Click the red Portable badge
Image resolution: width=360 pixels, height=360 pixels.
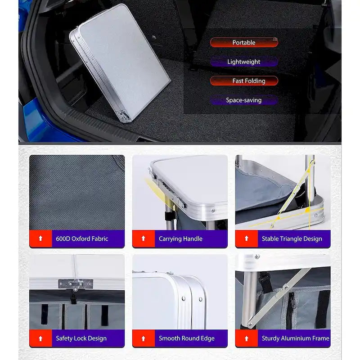point(244,42)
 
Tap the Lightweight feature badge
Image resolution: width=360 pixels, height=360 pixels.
point(244,62)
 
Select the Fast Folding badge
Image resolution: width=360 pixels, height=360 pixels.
point(244,81)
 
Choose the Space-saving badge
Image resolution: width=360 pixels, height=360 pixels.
point(244,100)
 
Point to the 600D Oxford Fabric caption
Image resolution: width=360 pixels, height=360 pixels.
point(82,239)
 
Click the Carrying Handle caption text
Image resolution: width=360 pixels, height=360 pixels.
point(180,239)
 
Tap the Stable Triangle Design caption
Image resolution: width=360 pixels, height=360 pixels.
point(292,239)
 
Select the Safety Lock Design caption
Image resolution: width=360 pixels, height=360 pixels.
point(81,338)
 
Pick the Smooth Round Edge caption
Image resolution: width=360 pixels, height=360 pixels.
point(187,338)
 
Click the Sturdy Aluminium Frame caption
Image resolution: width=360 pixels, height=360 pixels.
point(296,338)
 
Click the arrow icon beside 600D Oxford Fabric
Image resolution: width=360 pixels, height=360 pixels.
point(40,238)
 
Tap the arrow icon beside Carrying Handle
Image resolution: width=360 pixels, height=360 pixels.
point(144,238)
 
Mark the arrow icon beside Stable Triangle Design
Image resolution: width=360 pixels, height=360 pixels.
point(247,238)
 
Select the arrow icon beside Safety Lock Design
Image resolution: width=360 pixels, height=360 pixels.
point(40,338)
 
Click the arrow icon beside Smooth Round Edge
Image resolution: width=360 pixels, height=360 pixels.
point(144,338)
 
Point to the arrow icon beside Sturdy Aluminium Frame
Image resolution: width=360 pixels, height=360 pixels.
point(247,338)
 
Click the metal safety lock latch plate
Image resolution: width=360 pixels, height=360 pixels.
point(76,284)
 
